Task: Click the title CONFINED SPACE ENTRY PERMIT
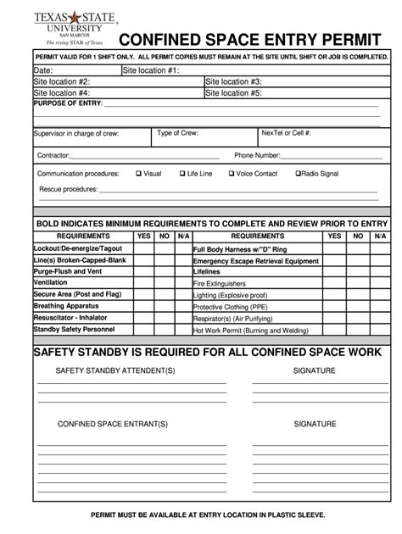pos(251,41)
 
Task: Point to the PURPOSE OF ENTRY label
pos(67,103)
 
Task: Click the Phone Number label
pos(257,156)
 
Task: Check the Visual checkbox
pos(138,174)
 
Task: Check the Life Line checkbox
pos(181,174)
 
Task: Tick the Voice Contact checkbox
pos(230,174)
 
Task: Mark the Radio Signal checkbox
pos(298,174)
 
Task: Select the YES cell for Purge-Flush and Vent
pos(143,271)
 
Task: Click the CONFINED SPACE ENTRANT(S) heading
pos(113,424)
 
